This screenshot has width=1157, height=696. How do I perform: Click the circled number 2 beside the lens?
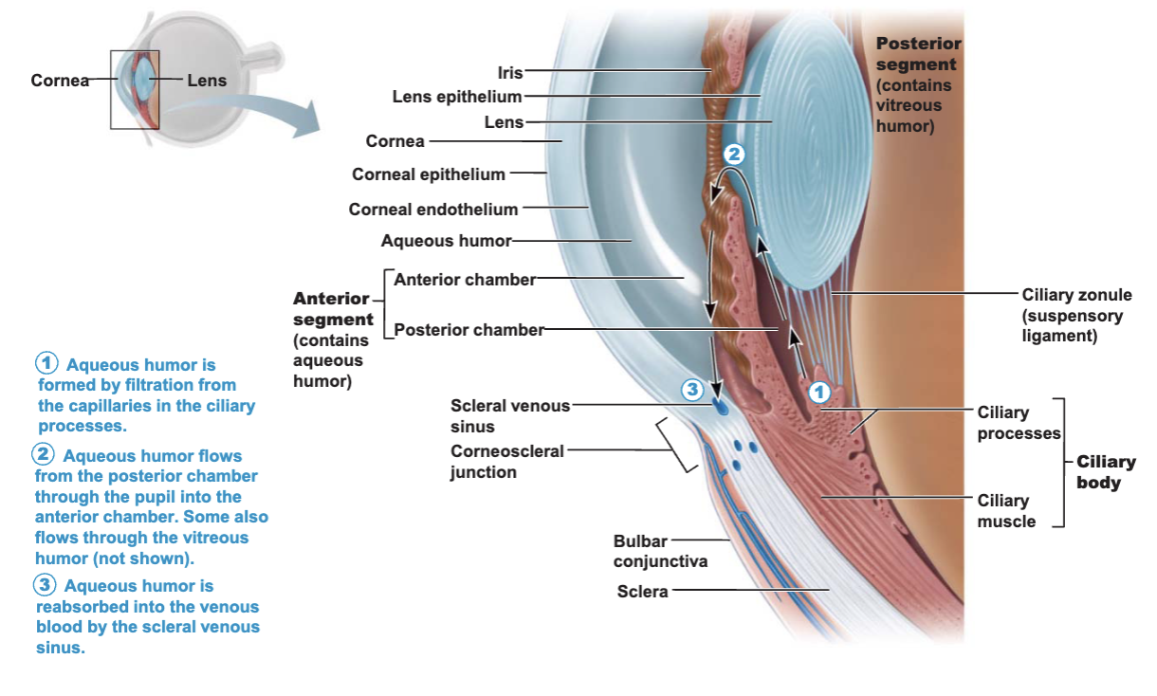point(734,154)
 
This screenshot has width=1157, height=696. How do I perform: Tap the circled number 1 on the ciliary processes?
point(818,393)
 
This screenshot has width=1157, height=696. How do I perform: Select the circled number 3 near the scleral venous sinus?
point(692,390)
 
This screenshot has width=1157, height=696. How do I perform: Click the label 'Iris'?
point(510,73)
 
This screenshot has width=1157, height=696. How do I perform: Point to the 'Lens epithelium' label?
point(457,97)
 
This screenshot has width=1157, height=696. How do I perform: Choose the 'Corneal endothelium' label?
point(433,210)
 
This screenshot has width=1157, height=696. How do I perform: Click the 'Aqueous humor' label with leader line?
point(447,241)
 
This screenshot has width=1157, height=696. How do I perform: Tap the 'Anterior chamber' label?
point(465,280)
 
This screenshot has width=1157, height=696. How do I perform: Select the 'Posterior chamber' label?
point(469,329)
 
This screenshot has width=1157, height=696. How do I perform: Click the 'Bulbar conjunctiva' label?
point(661,551)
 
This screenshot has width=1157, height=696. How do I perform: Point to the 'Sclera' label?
point(643,591)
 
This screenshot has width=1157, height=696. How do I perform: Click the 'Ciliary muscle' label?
point(1006,511)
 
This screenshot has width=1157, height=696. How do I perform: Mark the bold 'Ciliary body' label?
point(1106,472)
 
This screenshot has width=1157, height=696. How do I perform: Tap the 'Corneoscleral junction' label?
point(506,461)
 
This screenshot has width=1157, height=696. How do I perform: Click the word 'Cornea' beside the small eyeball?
point(60,80)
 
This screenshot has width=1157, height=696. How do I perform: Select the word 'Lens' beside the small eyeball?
point(207,80)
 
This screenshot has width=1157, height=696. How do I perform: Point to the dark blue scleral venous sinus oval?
point(721,407)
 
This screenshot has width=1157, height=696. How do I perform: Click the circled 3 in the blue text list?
point(45,585)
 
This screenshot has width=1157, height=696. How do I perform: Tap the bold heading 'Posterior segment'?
point(918,54)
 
